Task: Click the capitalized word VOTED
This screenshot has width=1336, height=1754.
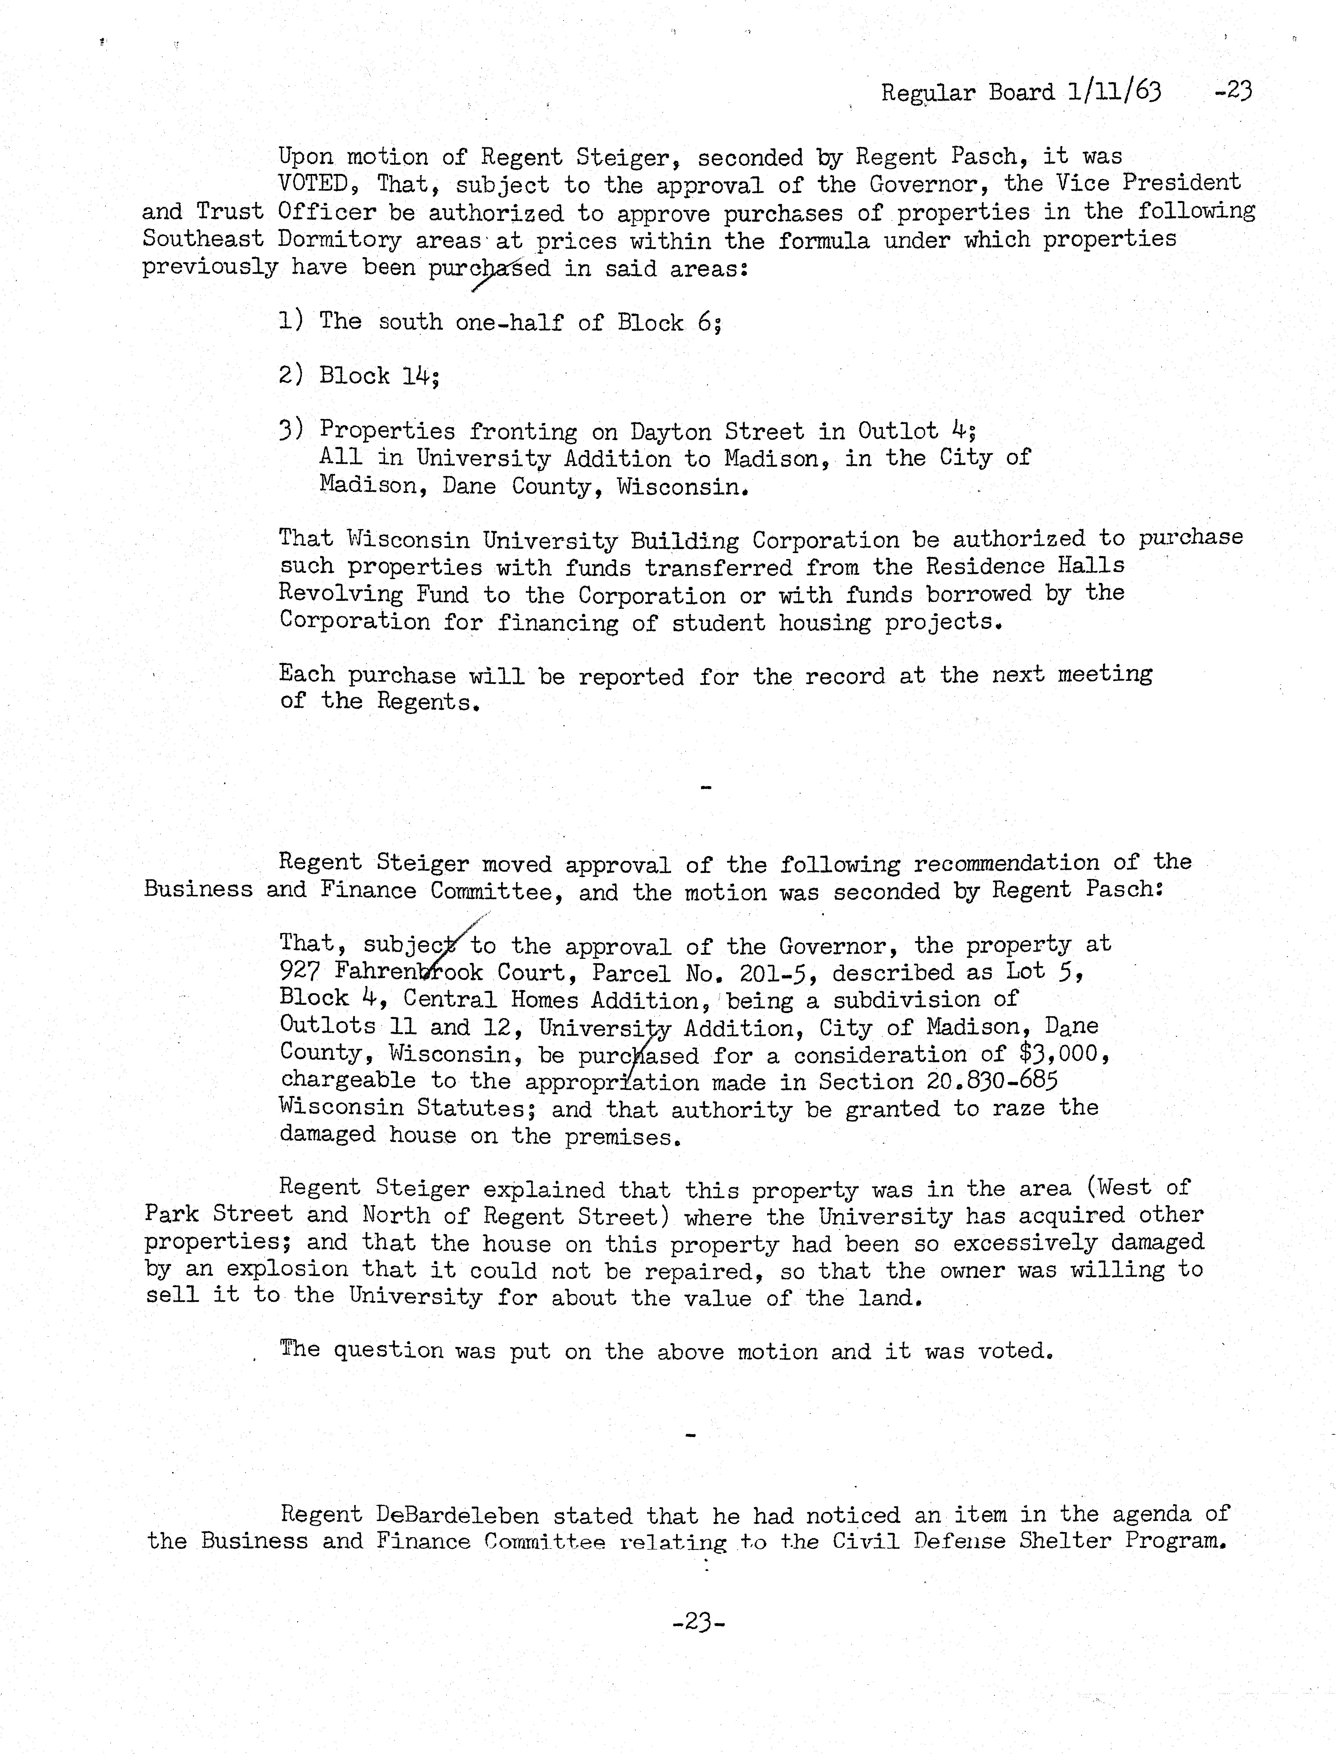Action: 313,184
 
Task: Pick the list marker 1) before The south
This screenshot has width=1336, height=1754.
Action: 291,321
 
